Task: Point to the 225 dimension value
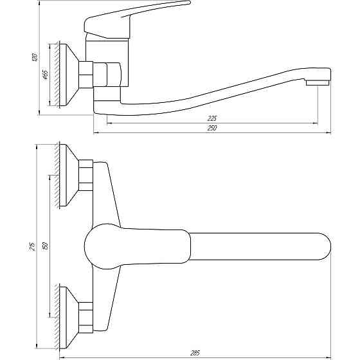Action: (x=213, y=118)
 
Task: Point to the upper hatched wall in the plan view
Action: (x=59, y=175)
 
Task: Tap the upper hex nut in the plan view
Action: (x=85, y=175)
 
